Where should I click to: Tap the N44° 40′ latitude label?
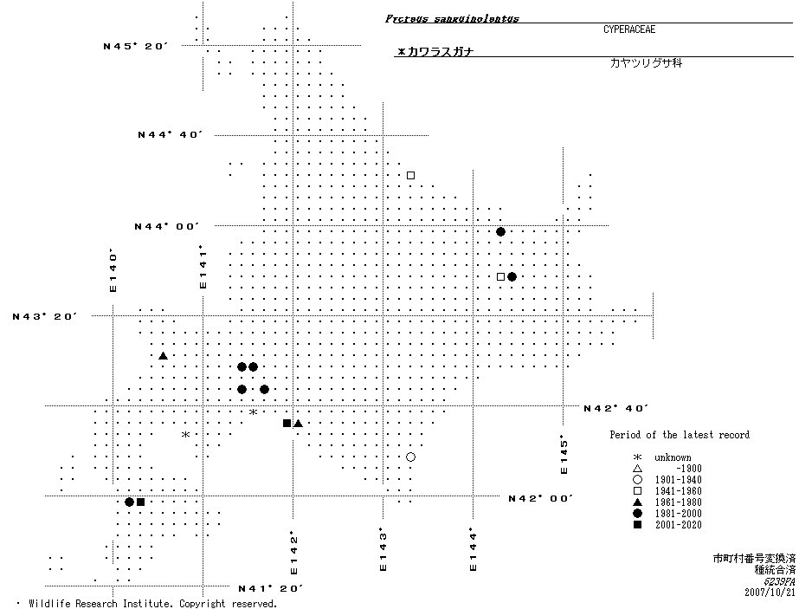tap(170, 135)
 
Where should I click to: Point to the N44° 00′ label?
tap(166, 226)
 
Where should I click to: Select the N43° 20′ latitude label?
tap(45, 316)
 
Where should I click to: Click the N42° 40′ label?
tap(616, 408)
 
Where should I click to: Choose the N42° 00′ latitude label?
tap(541, 498)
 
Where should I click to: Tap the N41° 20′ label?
tap(270, 588)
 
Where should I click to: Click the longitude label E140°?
tap(113, 271)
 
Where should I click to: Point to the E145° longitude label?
tap(564, 454)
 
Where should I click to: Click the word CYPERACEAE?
tap(629, 29)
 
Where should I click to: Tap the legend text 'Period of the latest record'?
tap(680, 435)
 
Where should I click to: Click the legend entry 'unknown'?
tap(672, 457)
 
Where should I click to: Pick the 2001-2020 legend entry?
tap(678, 525)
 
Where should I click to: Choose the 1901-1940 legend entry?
tap(678, 480)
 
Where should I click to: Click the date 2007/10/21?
tap(769, 593)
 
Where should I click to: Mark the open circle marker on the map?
tap(410, 457)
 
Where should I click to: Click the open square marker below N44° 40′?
tap(411, 175)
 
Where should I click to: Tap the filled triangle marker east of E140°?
tap(163, 356)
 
